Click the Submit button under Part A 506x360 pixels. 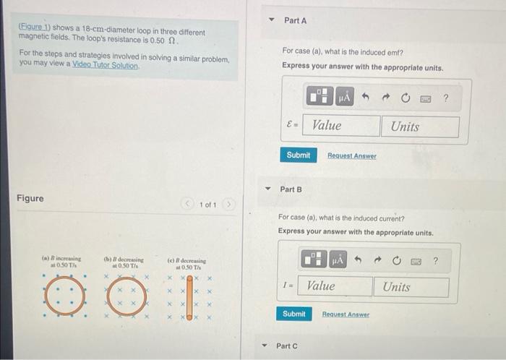point(298,155)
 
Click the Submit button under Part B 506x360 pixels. point(293,314)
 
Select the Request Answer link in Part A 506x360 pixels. point(351,156)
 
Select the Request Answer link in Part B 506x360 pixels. point(346,315)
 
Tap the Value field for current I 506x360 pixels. point(337,286)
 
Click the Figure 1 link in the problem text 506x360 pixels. point(35,27)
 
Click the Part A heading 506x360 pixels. point(295,21)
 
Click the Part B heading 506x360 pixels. point(291,189)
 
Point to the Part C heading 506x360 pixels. point(286,346)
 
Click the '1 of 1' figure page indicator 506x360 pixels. point(207,205)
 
